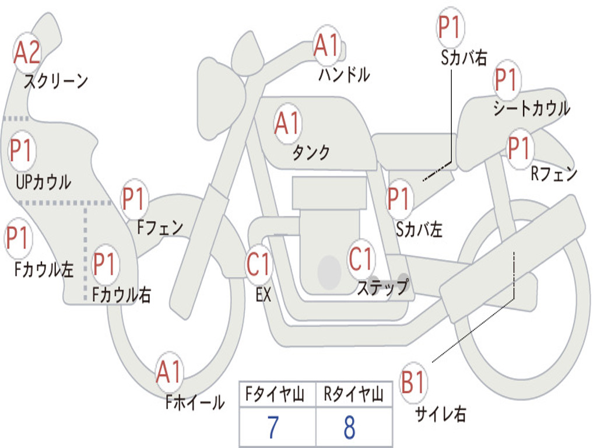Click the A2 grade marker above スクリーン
pos(27,52)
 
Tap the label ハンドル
pos(344,75)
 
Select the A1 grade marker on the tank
pos(287,123)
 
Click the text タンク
pos(311,153)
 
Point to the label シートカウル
pos(531,108)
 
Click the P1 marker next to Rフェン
pos(518,148)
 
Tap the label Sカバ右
pos(464,57)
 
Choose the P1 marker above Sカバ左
pos(400,198)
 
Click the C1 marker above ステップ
pos(361,259)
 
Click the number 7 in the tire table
pos(273,428)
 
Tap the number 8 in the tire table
pos(349,428)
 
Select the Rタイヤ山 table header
pos(353,395)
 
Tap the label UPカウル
pos(43,182)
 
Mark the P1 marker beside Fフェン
pos(134,199)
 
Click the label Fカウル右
pos(122,295)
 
